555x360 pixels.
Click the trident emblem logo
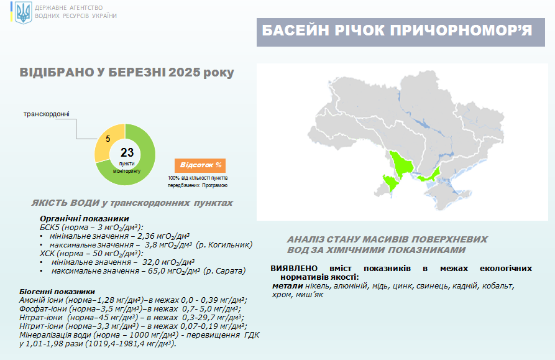pyautogui.click(x=24, y=12)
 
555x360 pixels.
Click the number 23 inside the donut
pyautogui.click(x=127, y=152)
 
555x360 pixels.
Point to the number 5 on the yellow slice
pyautogui.click(x=108, y=139)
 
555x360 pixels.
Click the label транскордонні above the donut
pyautogui.click(x=47, y=114)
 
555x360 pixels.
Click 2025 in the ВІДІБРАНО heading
pyautogui.click(x=185, y=72)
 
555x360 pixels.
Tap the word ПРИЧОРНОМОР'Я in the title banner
pyautogui.click(x=461, y=31)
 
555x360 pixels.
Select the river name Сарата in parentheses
pyautogui.click(x=231, y=271)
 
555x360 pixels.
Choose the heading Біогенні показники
pyautogui.click(x=57, y=292)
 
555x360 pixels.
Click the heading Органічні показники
pyautogui.click(x=85, y=219)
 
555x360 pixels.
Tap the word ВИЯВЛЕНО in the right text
pyautogui.click(x=294, y=269)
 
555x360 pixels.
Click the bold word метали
pyautogui.click(x=287, y=286)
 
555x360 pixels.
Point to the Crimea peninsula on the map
pyautogui.click(x=447, y=194)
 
